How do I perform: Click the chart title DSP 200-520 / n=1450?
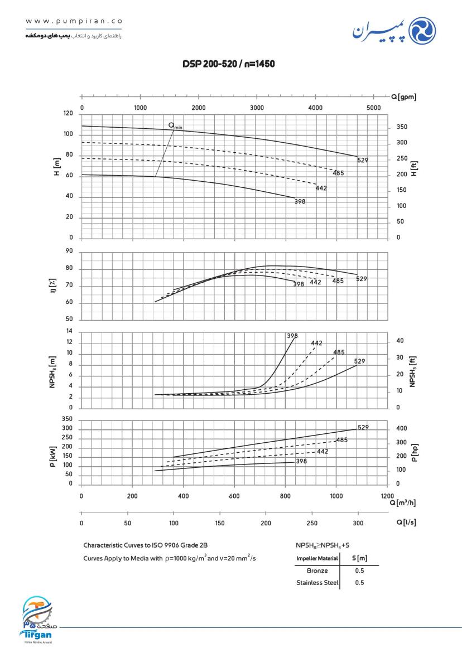(x=229, y=64)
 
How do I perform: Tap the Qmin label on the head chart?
(x=176, y=126)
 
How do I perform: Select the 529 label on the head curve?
(x=363, y=160)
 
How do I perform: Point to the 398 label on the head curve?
(x=300, y=201)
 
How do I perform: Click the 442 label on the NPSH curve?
(x=317, y=343)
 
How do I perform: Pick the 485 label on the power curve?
(x=342, y=440)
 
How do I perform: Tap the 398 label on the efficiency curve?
(x=299, y=284)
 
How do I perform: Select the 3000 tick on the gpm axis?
(x=257, y=108)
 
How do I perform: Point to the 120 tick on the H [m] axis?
(x=69, y=114)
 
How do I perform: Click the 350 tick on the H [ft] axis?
(x=402, y=127)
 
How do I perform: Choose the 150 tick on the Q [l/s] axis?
(x=220, y=523)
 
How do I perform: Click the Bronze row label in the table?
(x=317, y=571)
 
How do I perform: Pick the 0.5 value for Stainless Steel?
(x=359, y=583)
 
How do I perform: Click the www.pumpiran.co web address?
(x=74, y=21)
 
